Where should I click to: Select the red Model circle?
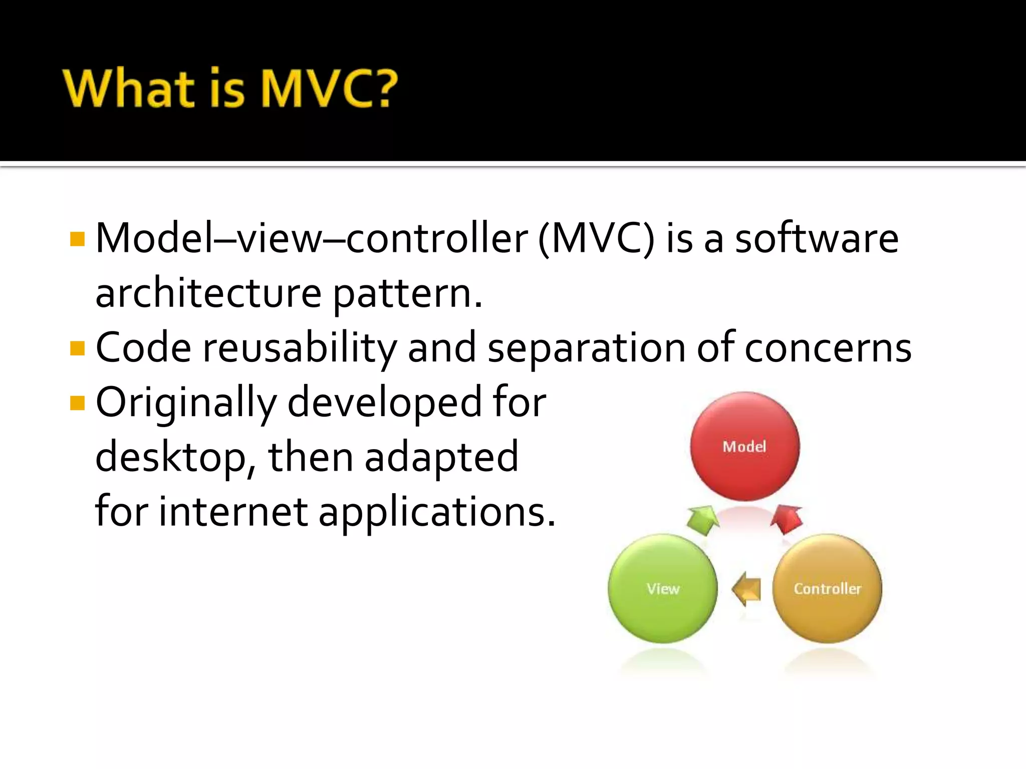(x=744, y=446)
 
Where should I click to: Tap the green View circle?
(x=662, y=588)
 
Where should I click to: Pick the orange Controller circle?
(x=827, y=588)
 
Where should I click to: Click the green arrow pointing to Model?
(x=702, y=520)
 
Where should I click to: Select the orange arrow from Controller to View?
(x=746, y=589)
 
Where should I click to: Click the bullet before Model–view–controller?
(x=78, y=239)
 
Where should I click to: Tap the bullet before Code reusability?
(x=78, y=348)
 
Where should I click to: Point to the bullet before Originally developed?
(x=78, y=403)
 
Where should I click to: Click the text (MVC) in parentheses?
(x=596, y=239)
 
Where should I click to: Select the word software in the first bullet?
(x=817, y=239)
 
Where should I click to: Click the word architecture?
(x=208, y=293)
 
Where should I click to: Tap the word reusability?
(x=299, y=348)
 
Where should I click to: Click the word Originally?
(x=185, y=403)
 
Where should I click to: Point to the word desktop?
(x=170, y=458)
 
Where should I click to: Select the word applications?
(x=437, y=512)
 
